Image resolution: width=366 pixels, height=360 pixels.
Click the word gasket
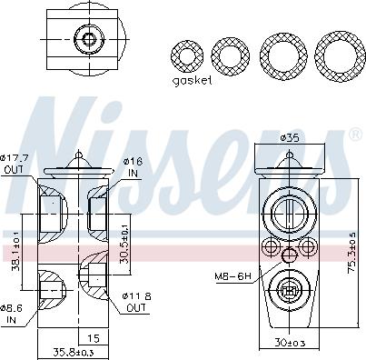pos(191,80)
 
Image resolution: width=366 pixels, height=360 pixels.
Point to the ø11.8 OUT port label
pos(137,301)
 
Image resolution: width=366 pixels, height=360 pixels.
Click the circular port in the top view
pos(88,39)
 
